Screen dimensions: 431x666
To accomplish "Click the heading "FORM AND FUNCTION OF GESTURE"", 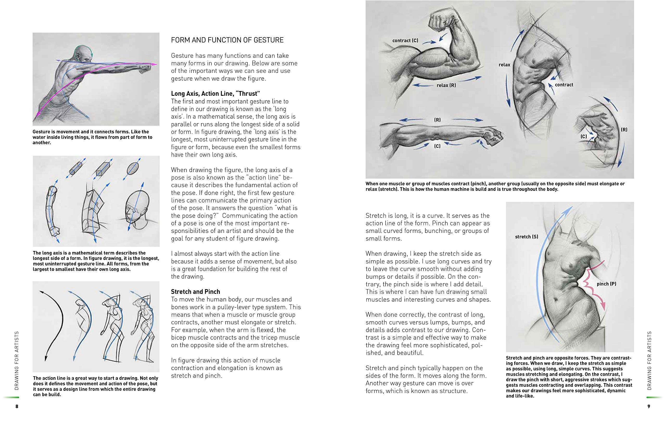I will pyautogui.click(x=227, y=40).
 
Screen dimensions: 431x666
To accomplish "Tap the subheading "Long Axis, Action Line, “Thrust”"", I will pyautogui.click(x=215, y=93).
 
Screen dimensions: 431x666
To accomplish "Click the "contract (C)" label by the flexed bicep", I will pyautogui.click(x=405, y=41).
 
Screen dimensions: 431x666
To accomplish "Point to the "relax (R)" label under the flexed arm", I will pyautogui.click(x=446, y=85).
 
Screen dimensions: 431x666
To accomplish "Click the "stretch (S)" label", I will pyautogui.click(x=526, y=237).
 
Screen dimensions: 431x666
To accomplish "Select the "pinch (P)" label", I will pyautogui.click(x=606, y=284).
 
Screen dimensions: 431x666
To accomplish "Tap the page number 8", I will pyautogui.click(x=17, y=406).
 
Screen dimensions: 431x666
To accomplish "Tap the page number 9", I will pyautogui.click(x=649, y=406).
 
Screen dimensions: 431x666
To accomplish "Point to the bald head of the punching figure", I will pyautogui.click(x=83, y=55).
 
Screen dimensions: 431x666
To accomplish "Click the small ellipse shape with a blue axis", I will pyautogui.click(x=133, y=168).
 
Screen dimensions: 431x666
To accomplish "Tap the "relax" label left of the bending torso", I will pyautogui.click(x=504, y=65).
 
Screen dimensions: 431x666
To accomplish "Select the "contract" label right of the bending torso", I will pyautogui.click(x=564, y=85).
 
